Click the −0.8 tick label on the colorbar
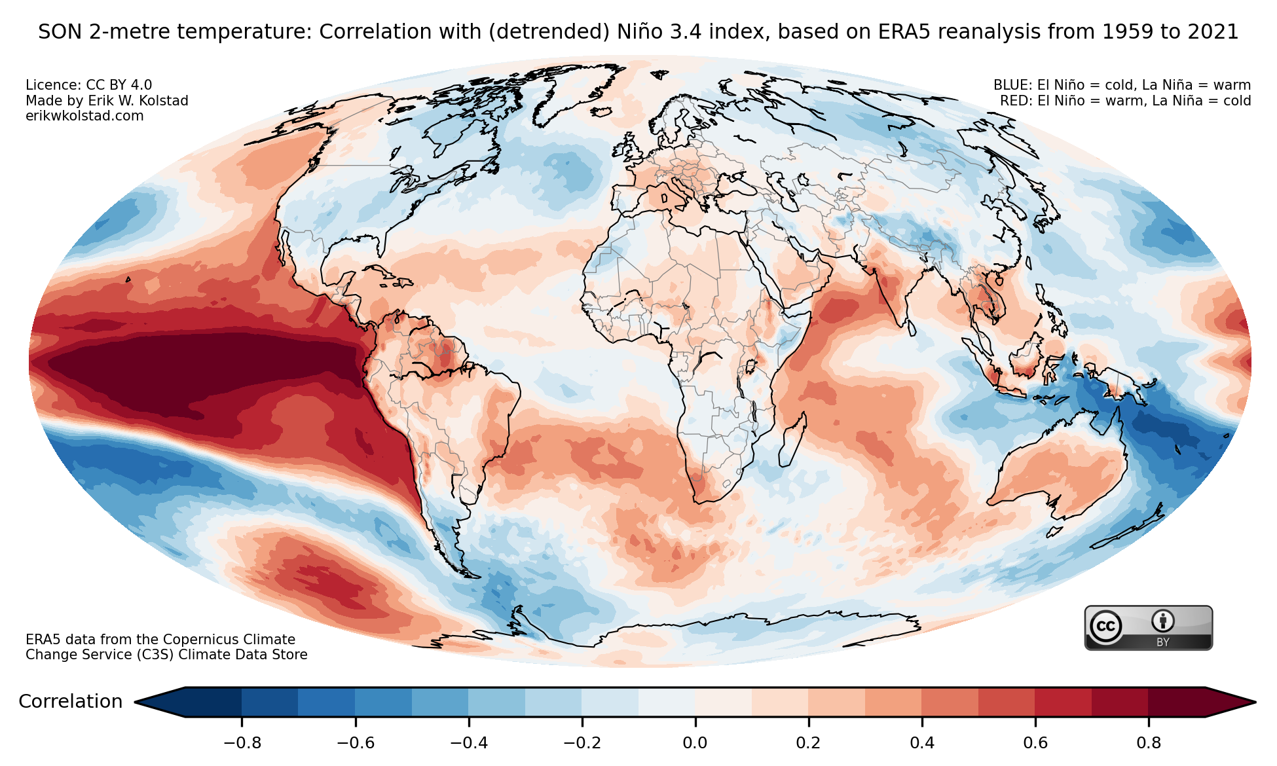click(x=242, y=743)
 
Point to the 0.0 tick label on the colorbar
click(x=695, y=743)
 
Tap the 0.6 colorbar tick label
click(x=1035, y=743)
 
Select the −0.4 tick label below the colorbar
click(x=468, y=743)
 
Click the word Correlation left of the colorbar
click(x=71, y=702)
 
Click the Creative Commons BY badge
click(x=1148, y=628)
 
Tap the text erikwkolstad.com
click(x=84, y=116)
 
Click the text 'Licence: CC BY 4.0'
click(x=88, y=85)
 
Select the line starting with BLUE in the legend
click(x=1122, y=85)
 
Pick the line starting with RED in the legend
click(x=1125, y=101)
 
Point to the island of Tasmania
click(x=1054, y=531)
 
